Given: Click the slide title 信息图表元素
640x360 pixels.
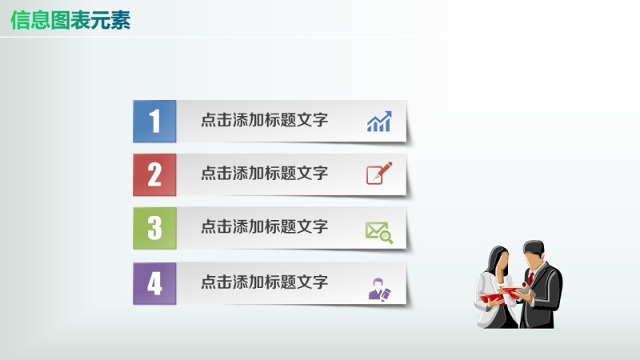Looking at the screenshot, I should coord(70,20).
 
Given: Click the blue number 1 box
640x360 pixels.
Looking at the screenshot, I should coord(154,122).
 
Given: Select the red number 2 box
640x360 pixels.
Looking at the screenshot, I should coord(154,174).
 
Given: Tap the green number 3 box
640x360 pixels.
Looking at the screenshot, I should coord(154,228).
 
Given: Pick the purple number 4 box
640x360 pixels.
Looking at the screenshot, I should coord(154,283).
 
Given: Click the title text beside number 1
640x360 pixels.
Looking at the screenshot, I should coord(264,121).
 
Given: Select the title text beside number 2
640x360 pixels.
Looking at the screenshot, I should coord(264,174).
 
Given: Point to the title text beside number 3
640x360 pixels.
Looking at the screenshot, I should coord(264,227).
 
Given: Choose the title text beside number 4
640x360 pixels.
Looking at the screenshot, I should coord(264,282).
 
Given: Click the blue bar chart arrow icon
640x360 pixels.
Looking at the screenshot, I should coord(379,122).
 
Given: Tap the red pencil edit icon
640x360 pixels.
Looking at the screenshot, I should coord(379,174).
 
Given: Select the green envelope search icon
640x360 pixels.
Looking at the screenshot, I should coord(379,231).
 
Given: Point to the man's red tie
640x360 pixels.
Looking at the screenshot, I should coord(530,278).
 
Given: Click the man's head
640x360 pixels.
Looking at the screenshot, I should coord(534,254).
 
